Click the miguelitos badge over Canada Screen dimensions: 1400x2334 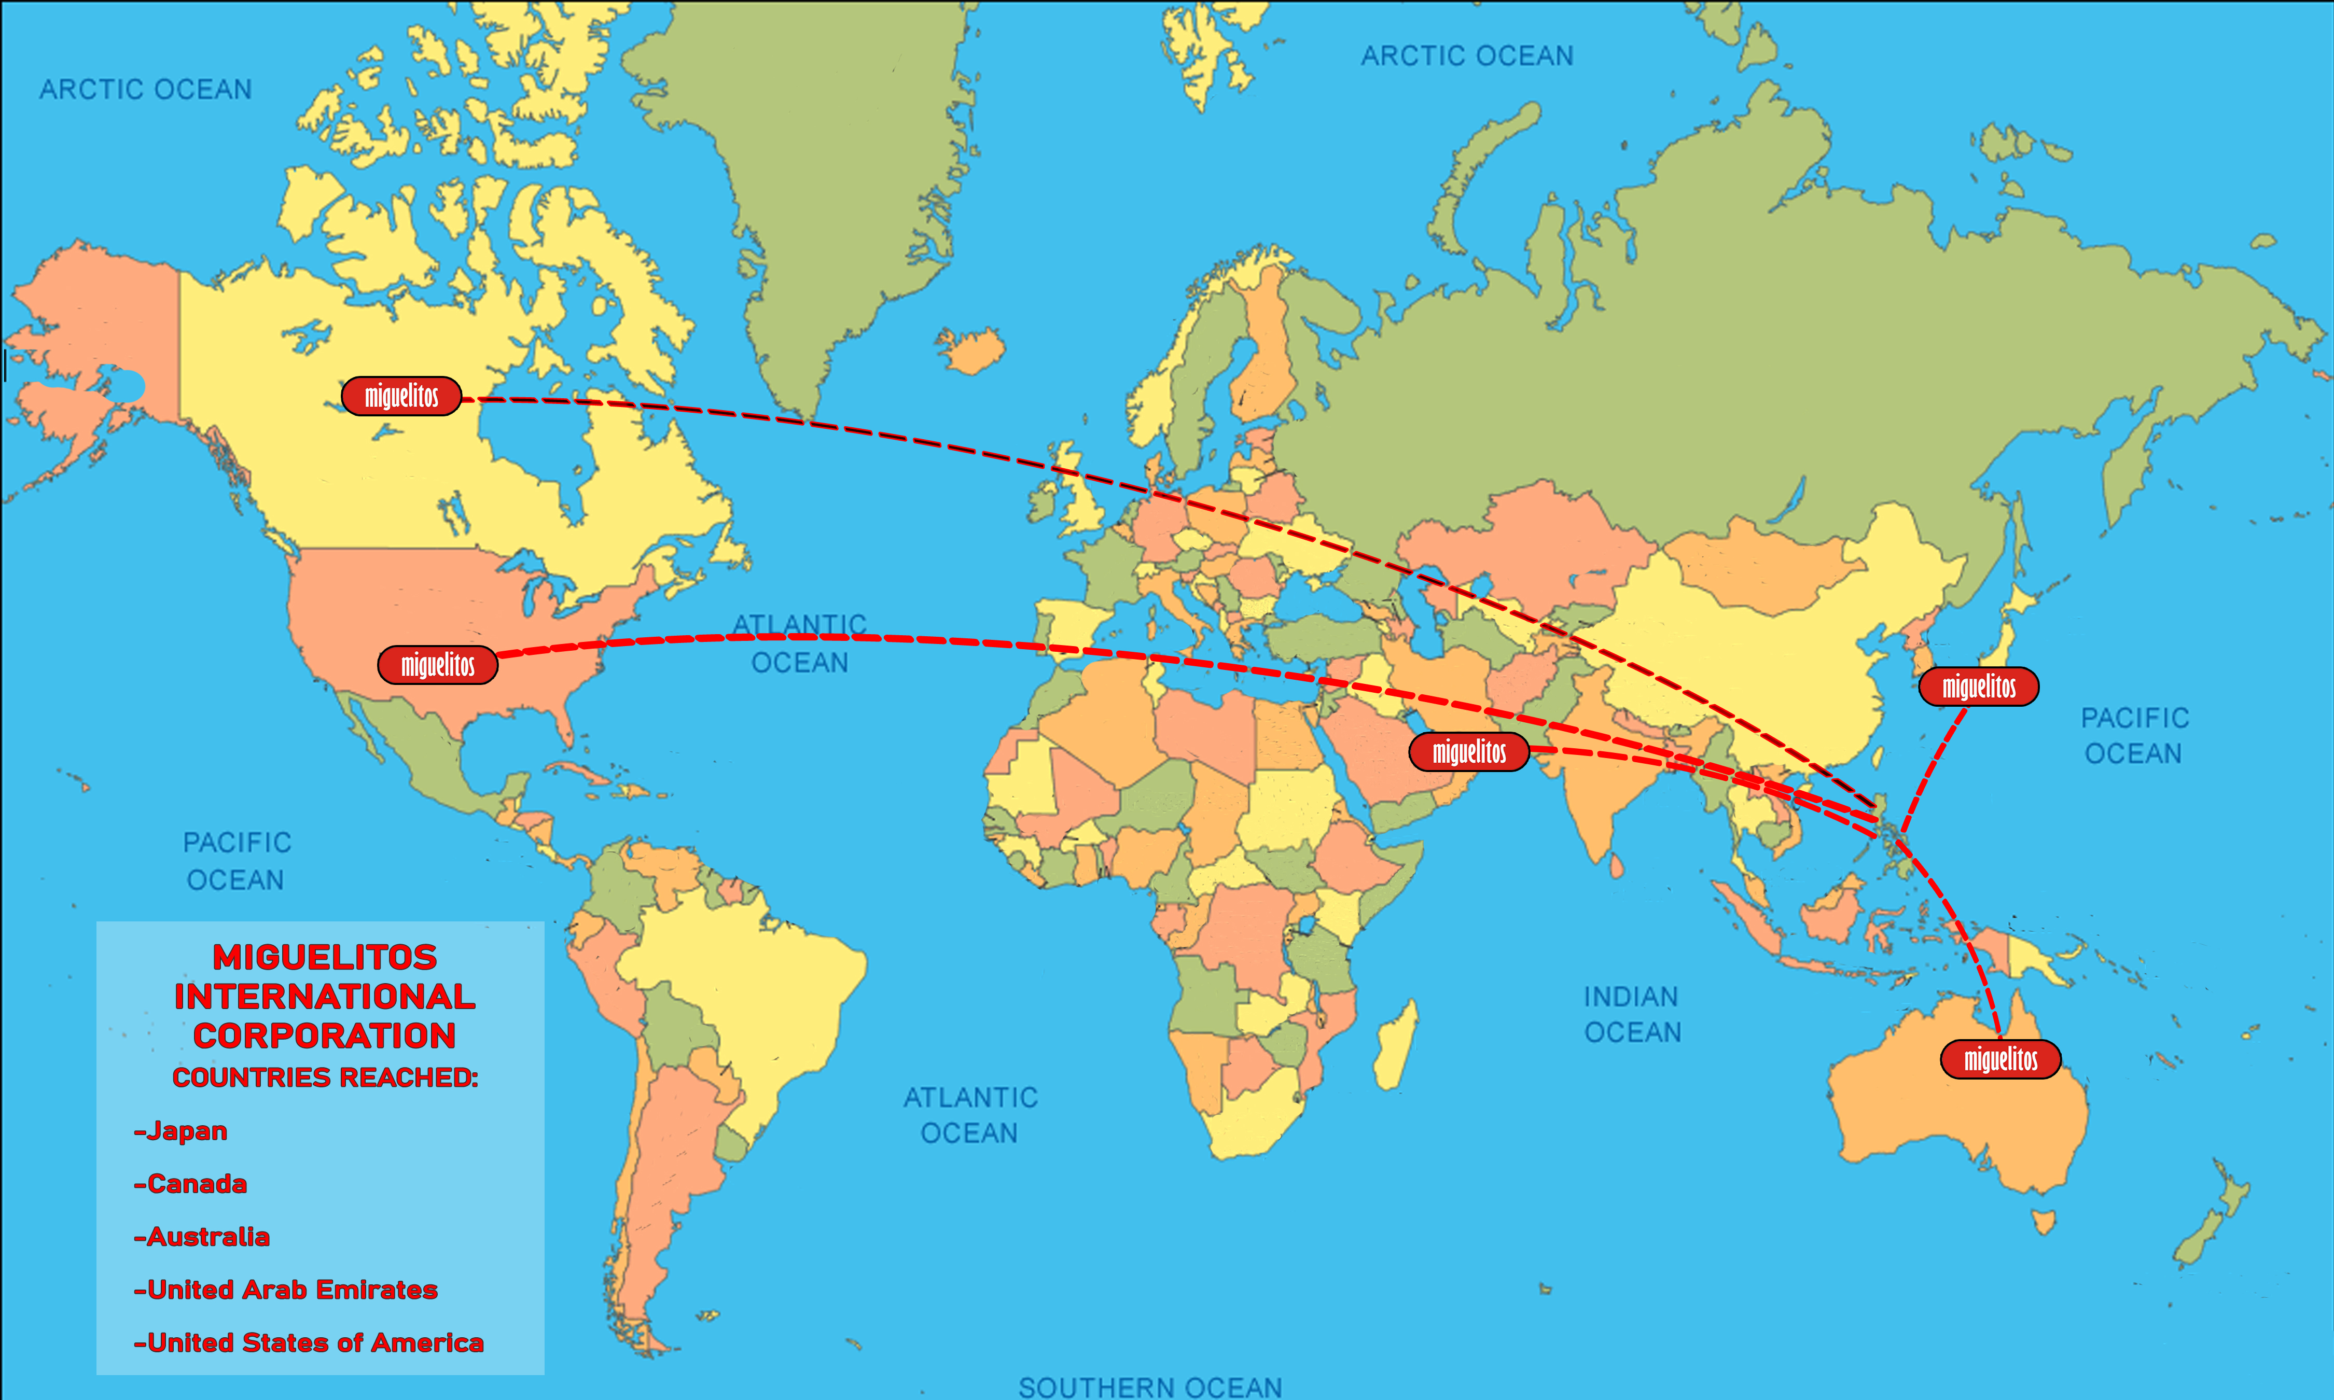point(401,396)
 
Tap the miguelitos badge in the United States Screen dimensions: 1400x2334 point(438,665)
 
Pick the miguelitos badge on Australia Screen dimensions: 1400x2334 point(2000,1059)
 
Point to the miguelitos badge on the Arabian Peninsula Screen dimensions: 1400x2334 point(1469,752)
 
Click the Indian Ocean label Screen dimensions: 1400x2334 point(1632,1014)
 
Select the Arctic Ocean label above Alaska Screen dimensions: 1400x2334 point(145,90)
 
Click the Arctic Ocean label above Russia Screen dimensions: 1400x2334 point(1467,57)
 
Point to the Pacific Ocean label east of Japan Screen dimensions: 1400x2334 point(2134,736)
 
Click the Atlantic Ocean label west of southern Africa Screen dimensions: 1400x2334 point(970,1115)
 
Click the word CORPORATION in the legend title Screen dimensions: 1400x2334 point(325,1036)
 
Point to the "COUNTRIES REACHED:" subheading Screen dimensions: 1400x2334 point(325,1077)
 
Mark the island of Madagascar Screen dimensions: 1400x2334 point(1394,1045)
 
